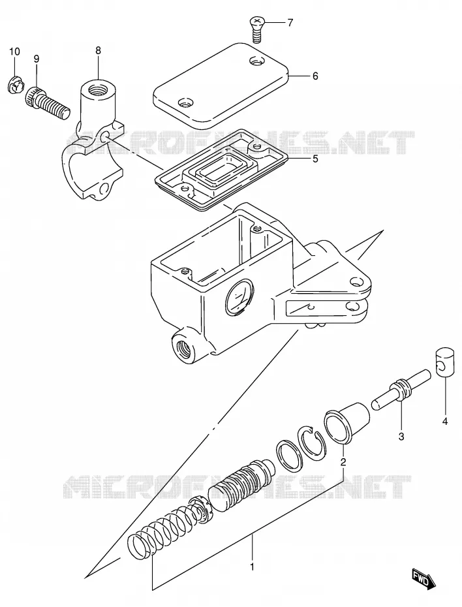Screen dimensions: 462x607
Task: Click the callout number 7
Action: pos(290,23)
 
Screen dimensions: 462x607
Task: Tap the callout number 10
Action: pos(14,52)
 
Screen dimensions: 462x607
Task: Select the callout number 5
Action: pos(315,159)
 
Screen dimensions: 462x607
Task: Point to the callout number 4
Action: pos(445,422)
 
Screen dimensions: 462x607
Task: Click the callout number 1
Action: pos(252,567)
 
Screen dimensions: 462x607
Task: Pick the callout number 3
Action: pos(401,437)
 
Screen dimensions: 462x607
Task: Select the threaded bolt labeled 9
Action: pos(47,103)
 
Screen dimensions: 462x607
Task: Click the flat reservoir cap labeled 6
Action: pos(221,86)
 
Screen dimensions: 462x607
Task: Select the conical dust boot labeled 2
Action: pos(346,423)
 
